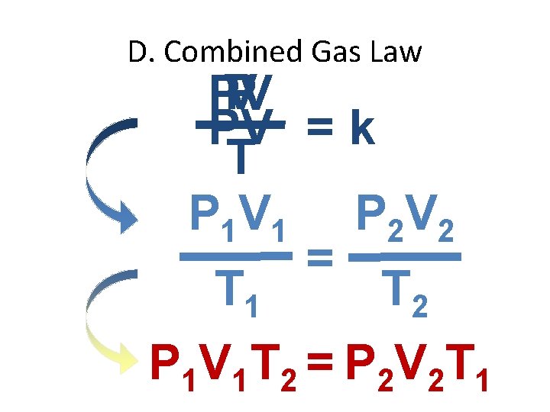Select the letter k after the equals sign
tap(359, 130)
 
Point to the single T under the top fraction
tap(241, 156)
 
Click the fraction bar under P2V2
tap(404, 258)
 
